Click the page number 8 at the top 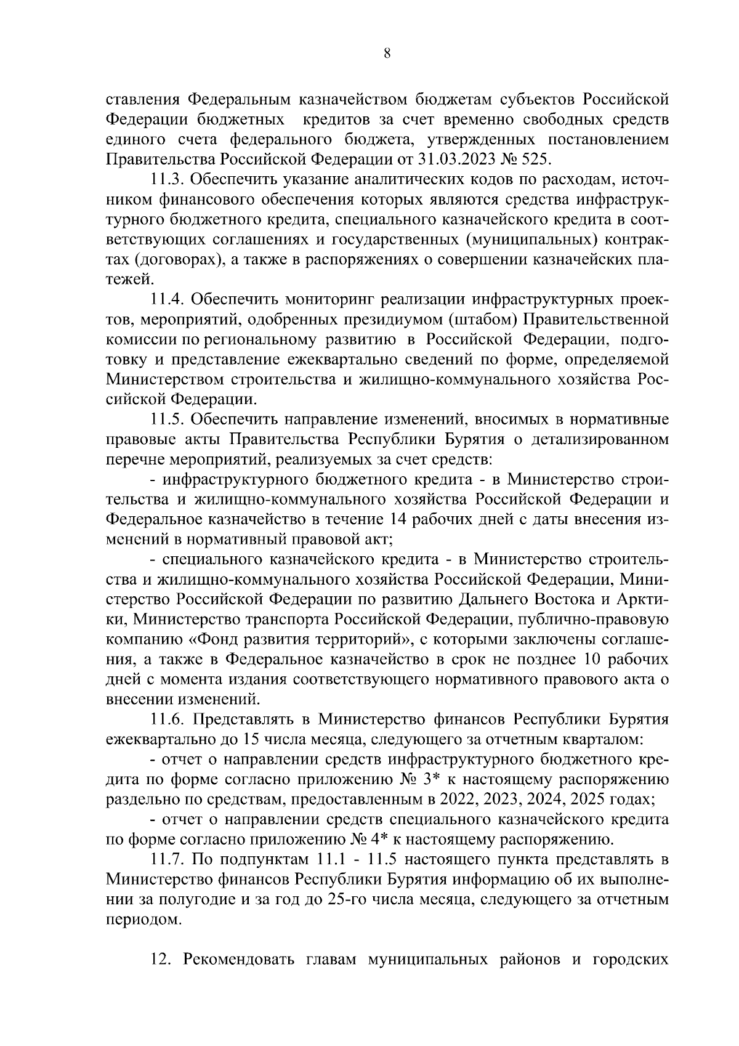(386, 54)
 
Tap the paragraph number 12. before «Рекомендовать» (162, 959)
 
